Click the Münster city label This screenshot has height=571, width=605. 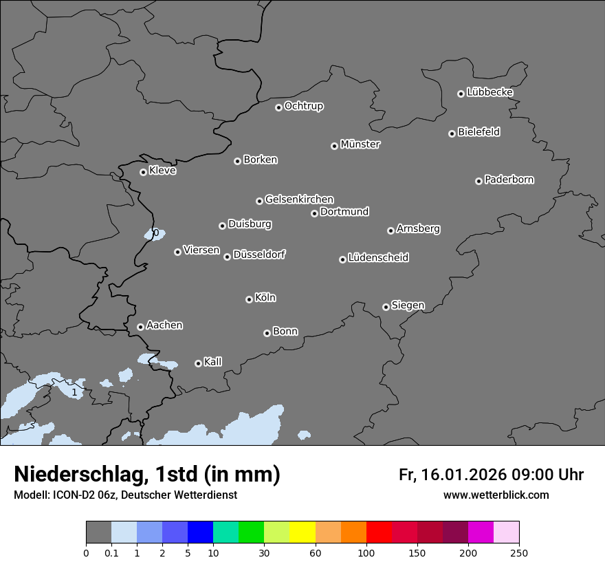tap(360, 144)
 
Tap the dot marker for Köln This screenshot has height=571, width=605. tap(249, 299)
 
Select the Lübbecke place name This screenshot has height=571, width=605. tap(489, 92)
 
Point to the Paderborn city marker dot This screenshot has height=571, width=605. tap(478, 181)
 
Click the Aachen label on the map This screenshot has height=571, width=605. tap(164, 325)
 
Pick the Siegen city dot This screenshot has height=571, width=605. tap(386, 307)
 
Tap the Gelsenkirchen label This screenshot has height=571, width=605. tap(299, 200)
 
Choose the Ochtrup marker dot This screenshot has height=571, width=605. tap(278, 107)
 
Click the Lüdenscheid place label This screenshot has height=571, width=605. tap(378, 258)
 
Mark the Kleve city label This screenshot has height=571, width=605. tap(162, 171)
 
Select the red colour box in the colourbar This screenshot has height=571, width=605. tap(379, 532)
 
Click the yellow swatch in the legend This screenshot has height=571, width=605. tap(302, 532)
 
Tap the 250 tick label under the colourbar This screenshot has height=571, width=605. tap(519, 552)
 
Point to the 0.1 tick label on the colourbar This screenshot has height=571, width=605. tap(111, 552)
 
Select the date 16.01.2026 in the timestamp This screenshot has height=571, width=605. tap(463, 475)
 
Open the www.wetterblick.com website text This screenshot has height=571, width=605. tap(496, 495)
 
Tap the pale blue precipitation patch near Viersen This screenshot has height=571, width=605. tap(151, 235)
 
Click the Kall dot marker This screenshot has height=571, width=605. tap(198, 363)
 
